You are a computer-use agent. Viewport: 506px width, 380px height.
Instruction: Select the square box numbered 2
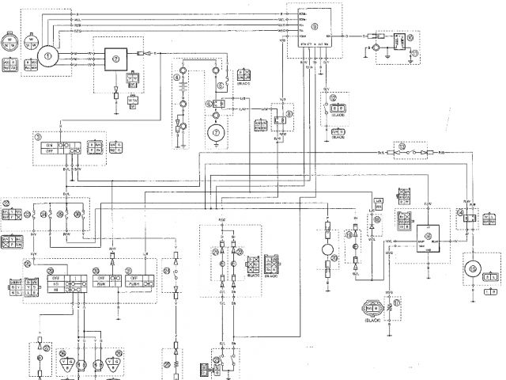tap(117, 58)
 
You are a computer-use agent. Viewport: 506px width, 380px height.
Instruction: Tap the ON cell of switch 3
tap(48, 146)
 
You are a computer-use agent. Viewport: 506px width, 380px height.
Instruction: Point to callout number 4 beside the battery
tap(178, 78)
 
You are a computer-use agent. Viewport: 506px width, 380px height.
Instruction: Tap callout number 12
tap(333, 97)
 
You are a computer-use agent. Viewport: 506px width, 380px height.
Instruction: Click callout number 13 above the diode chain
tap(403, 146)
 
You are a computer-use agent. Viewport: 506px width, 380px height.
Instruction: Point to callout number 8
tap(290, 114)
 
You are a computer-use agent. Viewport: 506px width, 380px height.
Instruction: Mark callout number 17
tap(398, 303)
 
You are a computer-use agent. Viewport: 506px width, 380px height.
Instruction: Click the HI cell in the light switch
tap(55, 289)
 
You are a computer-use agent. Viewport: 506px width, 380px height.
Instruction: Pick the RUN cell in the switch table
tap(101, 279)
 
